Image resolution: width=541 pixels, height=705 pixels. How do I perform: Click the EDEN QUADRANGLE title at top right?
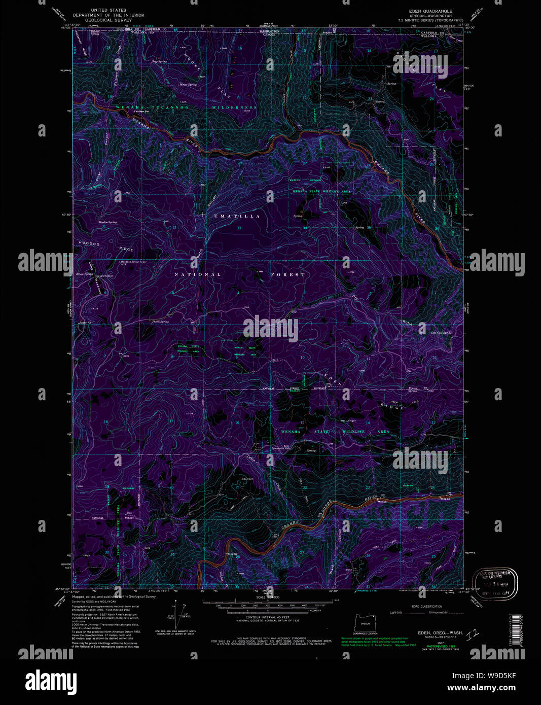[431, 11]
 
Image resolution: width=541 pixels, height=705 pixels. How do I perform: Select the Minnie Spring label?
[188, 85]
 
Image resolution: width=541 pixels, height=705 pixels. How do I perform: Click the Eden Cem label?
[247, 478]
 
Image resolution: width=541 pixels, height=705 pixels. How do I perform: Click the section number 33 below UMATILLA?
[239, 228]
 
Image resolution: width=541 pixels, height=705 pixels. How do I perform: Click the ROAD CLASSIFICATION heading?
[426, 606]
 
